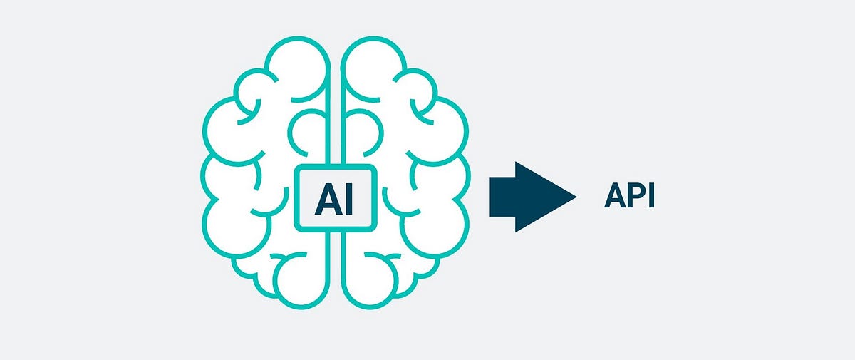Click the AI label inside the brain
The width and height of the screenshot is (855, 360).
(334, 197)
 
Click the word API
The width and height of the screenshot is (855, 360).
(629, 196)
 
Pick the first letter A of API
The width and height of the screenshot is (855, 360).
(614, 196)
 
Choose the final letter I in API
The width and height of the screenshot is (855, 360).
(649, 196)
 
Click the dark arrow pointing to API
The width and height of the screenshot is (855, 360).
(531, 196)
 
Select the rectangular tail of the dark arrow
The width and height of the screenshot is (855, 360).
(503, 196)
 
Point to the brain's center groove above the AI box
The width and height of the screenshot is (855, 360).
(335, 107)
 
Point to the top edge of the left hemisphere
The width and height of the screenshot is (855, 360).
(299, 43)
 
